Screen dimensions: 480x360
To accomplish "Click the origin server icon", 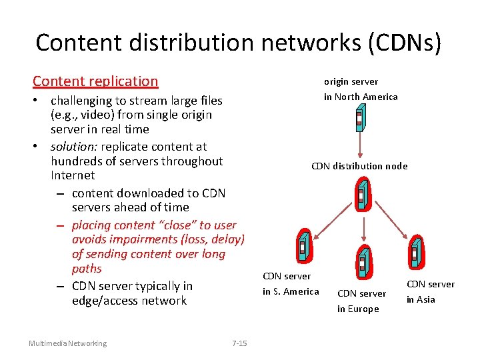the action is (359, 119).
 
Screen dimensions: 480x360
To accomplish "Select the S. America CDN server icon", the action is (303, 246).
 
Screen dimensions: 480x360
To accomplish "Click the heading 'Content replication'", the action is (95, 81).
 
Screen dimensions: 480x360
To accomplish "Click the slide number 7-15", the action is (239, 343).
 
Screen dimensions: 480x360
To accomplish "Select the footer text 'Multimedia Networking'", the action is (67, 343).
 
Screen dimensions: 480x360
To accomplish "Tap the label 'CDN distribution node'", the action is (359, 166).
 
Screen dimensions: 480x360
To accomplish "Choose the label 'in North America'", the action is (361, 97).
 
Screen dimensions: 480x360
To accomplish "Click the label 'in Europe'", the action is (358, 309).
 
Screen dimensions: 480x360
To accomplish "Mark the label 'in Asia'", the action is (421, 299).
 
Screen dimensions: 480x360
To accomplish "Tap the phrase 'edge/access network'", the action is (129, 301).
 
